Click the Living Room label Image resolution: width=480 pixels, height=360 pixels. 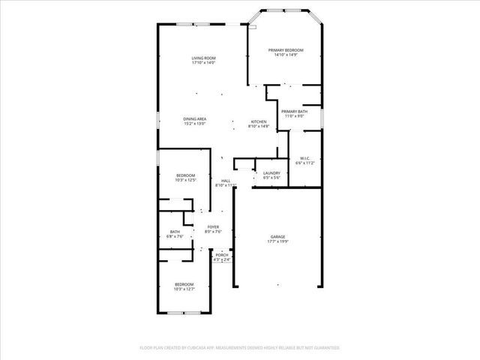tap(203, 58)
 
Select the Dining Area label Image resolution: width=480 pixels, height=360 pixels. tap(195, 119)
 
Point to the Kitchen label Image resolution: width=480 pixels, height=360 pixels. tap(258, 122)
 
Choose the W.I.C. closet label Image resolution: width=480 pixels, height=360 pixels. tap(305, 158)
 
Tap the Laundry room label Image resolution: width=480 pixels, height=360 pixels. tap(271, 173)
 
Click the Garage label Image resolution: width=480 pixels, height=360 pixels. tap(277, 237)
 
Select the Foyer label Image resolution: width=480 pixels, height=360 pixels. tap(214, 227)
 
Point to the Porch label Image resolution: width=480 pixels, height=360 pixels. tap(221, 256)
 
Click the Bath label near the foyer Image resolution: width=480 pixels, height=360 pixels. tap(175, 232)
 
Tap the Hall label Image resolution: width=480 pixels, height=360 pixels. tap(225, 181)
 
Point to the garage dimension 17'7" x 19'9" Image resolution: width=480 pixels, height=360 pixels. tap(277, 242)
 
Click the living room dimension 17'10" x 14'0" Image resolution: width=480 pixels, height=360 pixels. tap(203, 63)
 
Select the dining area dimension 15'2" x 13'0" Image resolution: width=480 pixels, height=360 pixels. tap(195, 124)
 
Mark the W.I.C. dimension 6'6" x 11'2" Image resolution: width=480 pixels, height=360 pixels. tap(305, 163)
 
